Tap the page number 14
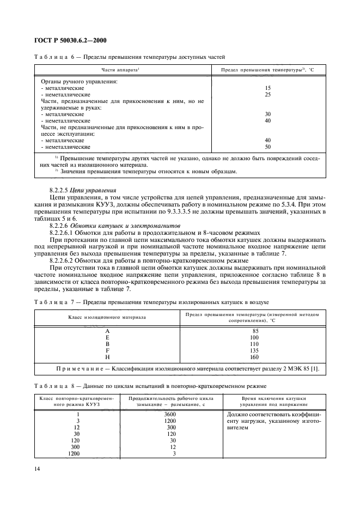coord(38,467)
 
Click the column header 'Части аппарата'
coord(121,70)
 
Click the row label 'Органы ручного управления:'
coord(80,82)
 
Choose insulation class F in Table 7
coord(107,352)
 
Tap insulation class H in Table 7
coord(107,358)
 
